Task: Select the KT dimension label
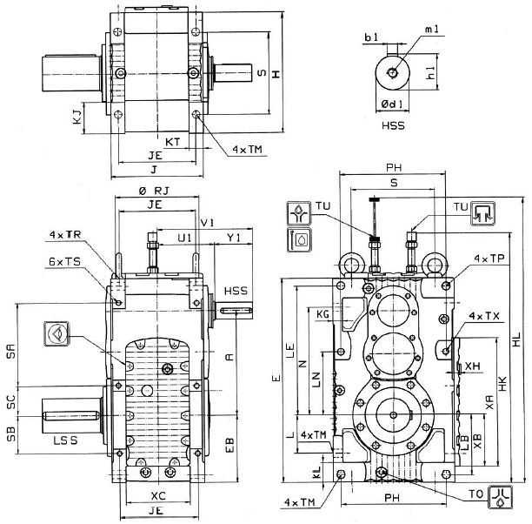(174, 139)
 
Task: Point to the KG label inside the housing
(323, 312)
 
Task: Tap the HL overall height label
(519, 344)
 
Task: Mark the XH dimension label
(475, 366)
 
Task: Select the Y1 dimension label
(233, 238)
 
